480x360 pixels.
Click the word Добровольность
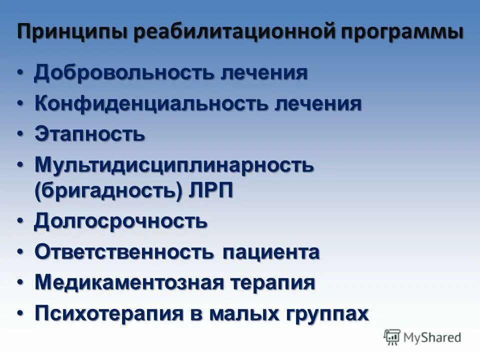click(x=123, y=73)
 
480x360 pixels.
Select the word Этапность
click(x=90, y=134)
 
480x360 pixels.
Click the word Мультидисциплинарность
click(x=174, y=165)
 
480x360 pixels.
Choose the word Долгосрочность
click(x=120, y=221)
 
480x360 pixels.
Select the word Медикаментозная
click(x=129, y=282)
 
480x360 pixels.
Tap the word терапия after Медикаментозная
click(x=272, y=283)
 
